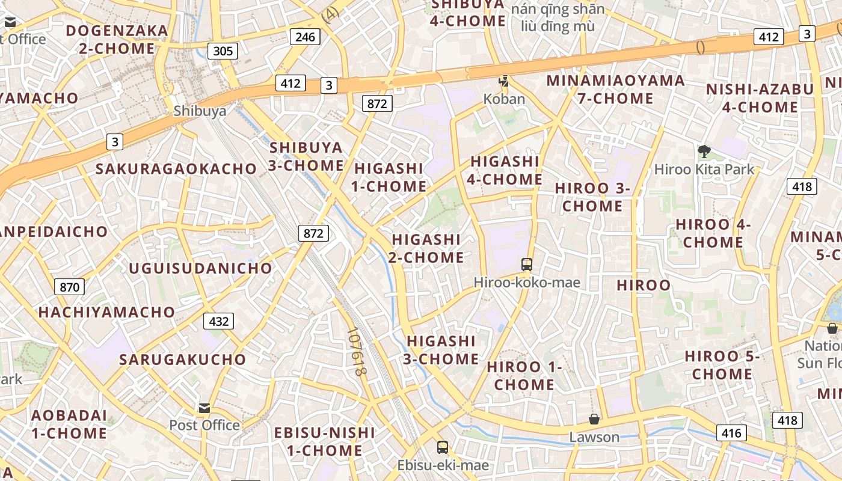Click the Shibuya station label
(200, 111)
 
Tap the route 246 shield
(305, 37)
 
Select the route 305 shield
(223, 51)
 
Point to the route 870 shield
(69, 287)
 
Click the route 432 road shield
(218, 322)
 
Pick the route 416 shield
(731, 433)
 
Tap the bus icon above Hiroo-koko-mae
(527, 264)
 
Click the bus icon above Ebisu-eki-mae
(443, 447)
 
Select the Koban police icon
(504, 81)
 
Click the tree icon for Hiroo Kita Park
(704, 151)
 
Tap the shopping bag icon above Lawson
(594, 419)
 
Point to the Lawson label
(594, 437)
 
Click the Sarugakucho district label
(183, 360)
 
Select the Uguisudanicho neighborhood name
(200, 268)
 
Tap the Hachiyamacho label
(106, 312)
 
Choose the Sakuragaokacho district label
(176, 169)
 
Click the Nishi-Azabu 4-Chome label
(760, 98)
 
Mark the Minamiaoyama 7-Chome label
(615, 89)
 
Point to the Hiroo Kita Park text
(704, 170)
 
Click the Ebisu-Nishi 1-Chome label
(324, 441)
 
